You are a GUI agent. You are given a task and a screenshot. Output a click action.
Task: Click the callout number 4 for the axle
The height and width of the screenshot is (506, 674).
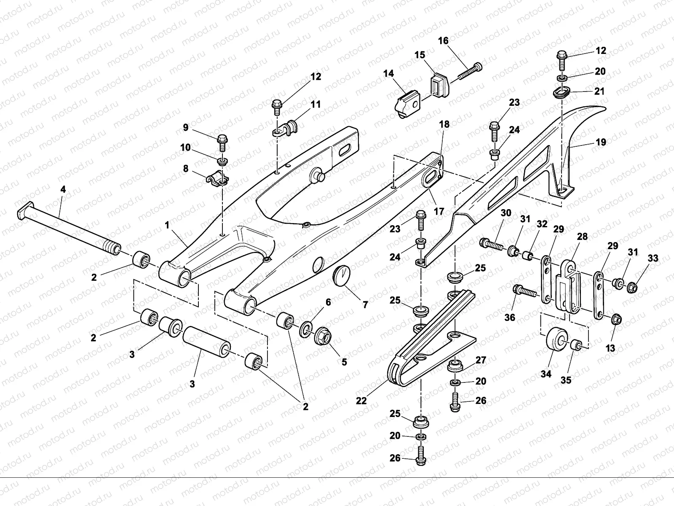63,189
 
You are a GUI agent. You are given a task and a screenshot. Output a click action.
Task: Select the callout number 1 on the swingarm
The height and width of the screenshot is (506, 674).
167,225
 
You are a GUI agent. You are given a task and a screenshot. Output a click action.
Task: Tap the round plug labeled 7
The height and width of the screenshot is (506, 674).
342,276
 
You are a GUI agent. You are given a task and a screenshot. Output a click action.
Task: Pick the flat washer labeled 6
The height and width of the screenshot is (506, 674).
306,329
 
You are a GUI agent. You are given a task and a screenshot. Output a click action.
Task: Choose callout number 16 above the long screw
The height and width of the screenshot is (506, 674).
443,40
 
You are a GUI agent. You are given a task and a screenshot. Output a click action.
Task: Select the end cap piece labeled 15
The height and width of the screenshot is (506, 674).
440,84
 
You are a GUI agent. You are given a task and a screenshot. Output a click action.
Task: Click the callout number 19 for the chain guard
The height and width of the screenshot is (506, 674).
601,142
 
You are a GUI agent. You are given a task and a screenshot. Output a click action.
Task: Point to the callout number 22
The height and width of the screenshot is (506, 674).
361,401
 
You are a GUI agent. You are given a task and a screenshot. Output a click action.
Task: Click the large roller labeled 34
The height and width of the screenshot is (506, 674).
557,339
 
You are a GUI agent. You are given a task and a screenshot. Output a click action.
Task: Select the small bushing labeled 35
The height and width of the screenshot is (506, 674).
575,345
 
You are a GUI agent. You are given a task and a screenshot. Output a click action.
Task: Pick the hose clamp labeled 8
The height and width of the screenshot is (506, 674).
217,179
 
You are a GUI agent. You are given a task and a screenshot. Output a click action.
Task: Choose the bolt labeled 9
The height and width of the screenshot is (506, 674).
222,143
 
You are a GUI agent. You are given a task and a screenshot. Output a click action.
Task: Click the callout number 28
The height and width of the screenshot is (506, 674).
582,236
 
